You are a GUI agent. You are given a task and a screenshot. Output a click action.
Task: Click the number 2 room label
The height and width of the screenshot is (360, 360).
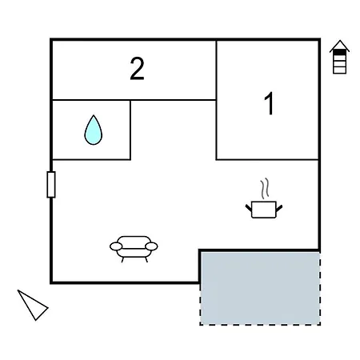tap(137, 69)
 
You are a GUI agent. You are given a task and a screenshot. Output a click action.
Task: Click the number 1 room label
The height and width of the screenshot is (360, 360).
tap(270, 103)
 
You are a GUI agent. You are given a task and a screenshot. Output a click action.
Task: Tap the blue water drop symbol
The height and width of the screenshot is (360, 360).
tap(94, 130)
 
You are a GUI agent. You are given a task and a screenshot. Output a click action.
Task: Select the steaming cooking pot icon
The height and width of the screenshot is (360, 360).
tap(264, 198)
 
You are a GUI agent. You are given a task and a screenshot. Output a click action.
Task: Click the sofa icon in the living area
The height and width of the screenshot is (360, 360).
tap(134, 249)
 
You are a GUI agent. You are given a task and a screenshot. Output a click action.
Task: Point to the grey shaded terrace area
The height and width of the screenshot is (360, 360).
tap(260, 289)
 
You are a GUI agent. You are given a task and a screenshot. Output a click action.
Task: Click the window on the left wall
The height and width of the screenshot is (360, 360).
tap(51, 185)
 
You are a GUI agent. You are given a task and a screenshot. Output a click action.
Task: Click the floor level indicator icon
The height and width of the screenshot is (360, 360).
tap(339, 57)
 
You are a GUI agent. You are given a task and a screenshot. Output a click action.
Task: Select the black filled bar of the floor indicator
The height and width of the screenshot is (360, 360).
tap(339, 53)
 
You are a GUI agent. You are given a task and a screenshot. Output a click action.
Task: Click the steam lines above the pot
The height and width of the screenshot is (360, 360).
tap(265, 188)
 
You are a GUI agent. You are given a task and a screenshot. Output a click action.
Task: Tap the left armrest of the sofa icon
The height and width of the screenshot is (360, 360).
tap(116, 246)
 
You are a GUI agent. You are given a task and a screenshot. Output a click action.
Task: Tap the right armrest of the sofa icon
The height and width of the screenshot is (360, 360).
tap(151, 246)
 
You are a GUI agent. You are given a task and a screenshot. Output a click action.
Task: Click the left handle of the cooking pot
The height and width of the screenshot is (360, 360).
tap(249, 208)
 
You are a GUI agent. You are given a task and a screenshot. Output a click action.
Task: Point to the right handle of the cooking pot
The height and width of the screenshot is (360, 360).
tap(279, 208)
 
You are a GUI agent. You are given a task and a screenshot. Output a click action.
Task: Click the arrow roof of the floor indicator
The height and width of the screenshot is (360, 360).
tap(339, 46)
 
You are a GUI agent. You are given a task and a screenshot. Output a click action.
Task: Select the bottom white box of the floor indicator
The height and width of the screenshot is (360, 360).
tap(339, 70)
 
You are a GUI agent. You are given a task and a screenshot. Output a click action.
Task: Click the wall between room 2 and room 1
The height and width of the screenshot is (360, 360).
tap(216, 70)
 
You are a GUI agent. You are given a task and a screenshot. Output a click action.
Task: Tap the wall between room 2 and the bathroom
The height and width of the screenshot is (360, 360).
tap(91, 100)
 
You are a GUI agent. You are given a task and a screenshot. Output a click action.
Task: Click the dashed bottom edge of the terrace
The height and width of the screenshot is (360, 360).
tap(260, 325)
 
